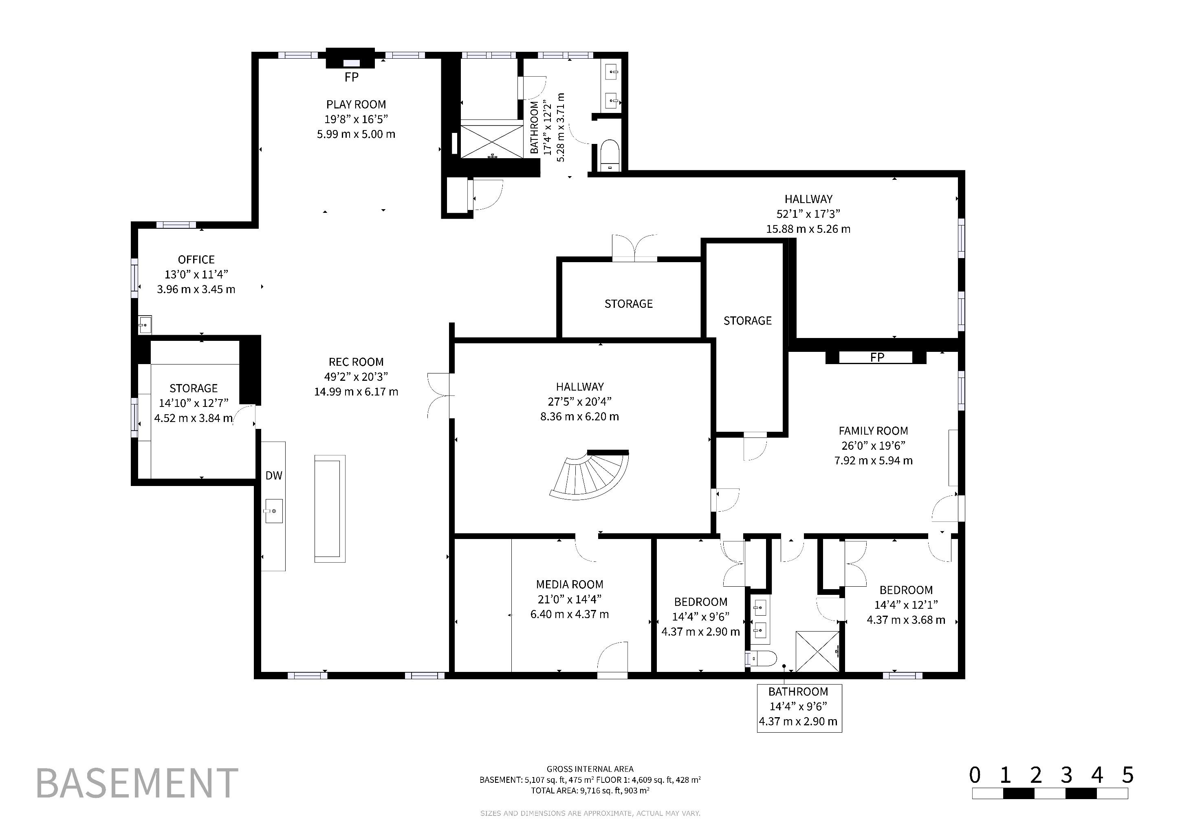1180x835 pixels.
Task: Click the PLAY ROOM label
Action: tap(356, 104)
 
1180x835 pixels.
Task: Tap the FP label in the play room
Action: tap(352, 77)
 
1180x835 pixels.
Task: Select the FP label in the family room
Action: tap(877, 357)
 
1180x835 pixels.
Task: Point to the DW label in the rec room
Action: tap(274, 476)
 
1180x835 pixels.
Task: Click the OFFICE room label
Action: tap(196, 260)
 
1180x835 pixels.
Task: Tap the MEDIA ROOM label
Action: tap(570, 585)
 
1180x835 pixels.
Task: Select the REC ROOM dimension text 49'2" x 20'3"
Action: tap(356, 377)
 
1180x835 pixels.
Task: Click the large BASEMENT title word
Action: tap(137, 783)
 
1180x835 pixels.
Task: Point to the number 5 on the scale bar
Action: tap(1127, 775)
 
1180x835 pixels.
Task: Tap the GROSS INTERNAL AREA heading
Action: tap(590, 769)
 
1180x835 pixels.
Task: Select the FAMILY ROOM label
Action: tap(873, 431)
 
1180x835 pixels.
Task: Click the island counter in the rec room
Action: tap(330, 508)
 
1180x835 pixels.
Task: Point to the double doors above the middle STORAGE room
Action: tap(635, 249)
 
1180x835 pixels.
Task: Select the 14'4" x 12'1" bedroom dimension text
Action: tap(906, 605)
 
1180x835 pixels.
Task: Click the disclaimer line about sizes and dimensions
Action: tap(590, 813)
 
